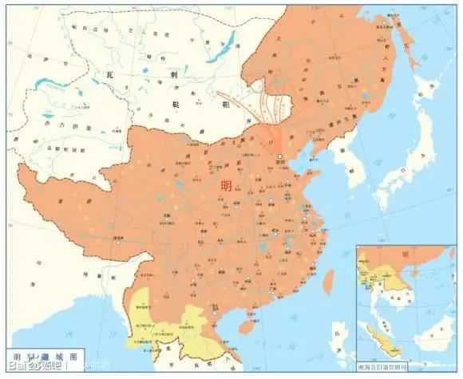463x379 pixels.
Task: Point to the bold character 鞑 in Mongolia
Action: coord(177,105)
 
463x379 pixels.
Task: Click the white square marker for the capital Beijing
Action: coord(280,156)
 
